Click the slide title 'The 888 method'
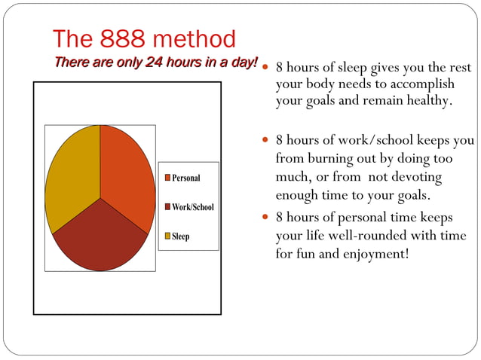point(144,38)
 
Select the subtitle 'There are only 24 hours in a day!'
point(155,61)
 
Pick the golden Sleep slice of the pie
point(72,173)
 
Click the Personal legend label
point(185,178)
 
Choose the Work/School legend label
point(192,207)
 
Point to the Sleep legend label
point(180,236)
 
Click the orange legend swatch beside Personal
point(167,178)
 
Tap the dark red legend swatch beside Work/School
point(167,207)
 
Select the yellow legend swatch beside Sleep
point(167,236)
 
